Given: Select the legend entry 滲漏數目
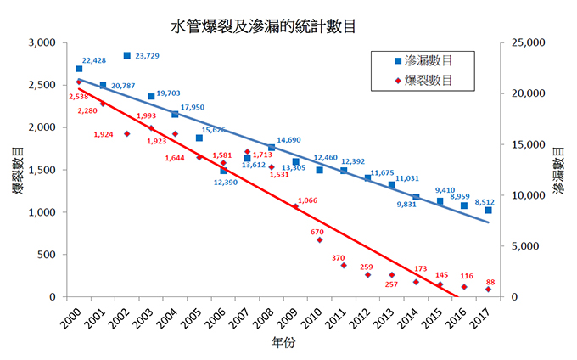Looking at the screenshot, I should coord(428,60).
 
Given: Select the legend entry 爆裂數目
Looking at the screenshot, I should coord(428,80).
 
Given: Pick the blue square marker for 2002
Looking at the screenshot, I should coord(126,55).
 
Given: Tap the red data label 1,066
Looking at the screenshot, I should coord(309,200).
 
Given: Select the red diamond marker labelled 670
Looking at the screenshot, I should coord(320,240).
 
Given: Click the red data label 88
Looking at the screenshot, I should coord(490,282).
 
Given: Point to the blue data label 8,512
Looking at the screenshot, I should coord(486,203).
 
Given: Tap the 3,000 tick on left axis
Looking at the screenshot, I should coord(41,42).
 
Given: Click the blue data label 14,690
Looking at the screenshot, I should coord(289,140).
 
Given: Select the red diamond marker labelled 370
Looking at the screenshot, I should coord(344,265).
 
